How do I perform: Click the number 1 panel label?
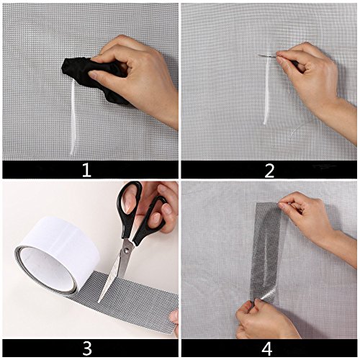coord(86,170)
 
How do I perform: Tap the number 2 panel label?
coord(269,171)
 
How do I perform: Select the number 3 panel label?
coord(87,348)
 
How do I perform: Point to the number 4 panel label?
coord(266,348)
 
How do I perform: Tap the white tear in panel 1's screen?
coord(73,117)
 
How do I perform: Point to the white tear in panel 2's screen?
coord(266,89)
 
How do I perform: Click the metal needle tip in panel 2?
coord(258,55)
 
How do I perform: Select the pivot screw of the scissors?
coord(126,251)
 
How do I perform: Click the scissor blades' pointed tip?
coord(99,301)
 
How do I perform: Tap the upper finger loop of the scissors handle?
coord(128,200)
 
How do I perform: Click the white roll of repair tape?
coord(56,254)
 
